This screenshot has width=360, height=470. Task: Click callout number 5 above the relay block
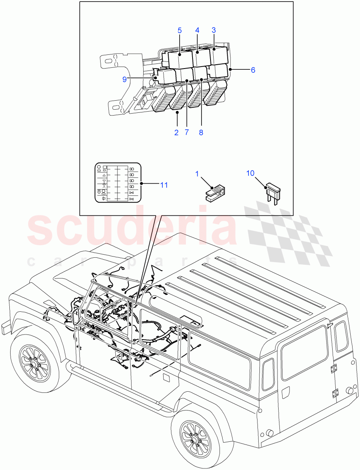point(180,30)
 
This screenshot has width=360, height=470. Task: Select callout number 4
point(197,30)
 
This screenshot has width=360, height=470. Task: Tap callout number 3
point(214,30)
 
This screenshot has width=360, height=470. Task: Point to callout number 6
point(253,70)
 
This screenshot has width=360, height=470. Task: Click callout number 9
point(124,79)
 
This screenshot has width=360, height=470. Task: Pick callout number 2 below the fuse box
point(176,132)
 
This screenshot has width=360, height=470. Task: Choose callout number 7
point(187,132)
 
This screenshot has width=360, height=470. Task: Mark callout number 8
point(201,132)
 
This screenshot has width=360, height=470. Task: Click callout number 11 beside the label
point(164,185)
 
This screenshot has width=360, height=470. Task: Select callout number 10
point(250,173)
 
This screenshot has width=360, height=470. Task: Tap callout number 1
point(198,173)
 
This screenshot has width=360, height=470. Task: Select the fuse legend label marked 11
point(118,183)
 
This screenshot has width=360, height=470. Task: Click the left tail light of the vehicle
point(268,374)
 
